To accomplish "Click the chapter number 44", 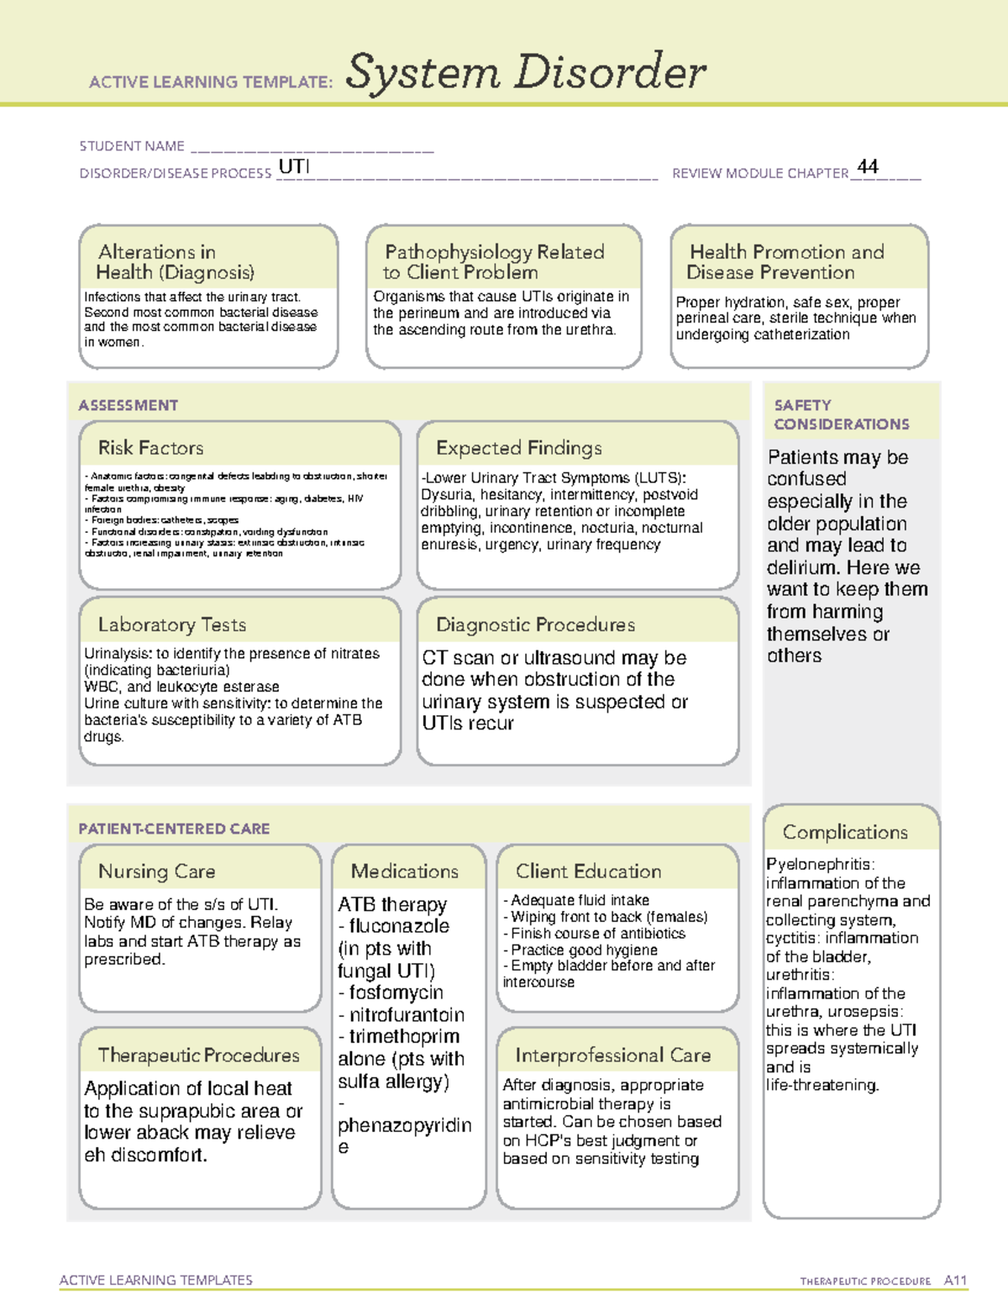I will coord(868,166).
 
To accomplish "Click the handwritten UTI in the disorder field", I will coord(294,166).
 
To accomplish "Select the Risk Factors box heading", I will coord(151,448).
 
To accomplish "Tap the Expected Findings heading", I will coord(518,448).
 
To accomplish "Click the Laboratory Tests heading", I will coord(172,624).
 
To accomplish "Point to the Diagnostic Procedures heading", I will coord(535,624).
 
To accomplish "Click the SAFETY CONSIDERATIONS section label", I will coord(841,414).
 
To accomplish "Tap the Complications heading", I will coord(845,832).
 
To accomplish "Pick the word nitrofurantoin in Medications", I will coord(407,1014).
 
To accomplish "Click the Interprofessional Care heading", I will coord(613,1055).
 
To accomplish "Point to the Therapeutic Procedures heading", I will coord(199,1055).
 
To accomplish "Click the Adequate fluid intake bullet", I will coord(580,900).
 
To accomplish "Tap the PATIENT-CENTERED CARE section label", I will coord(174,829).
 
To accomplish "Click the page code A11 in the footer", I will coord(955,1281).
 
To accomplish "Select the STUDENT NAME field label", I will coord(132,146).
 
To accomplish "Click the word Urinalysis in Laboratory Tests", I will coord(118,653).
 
